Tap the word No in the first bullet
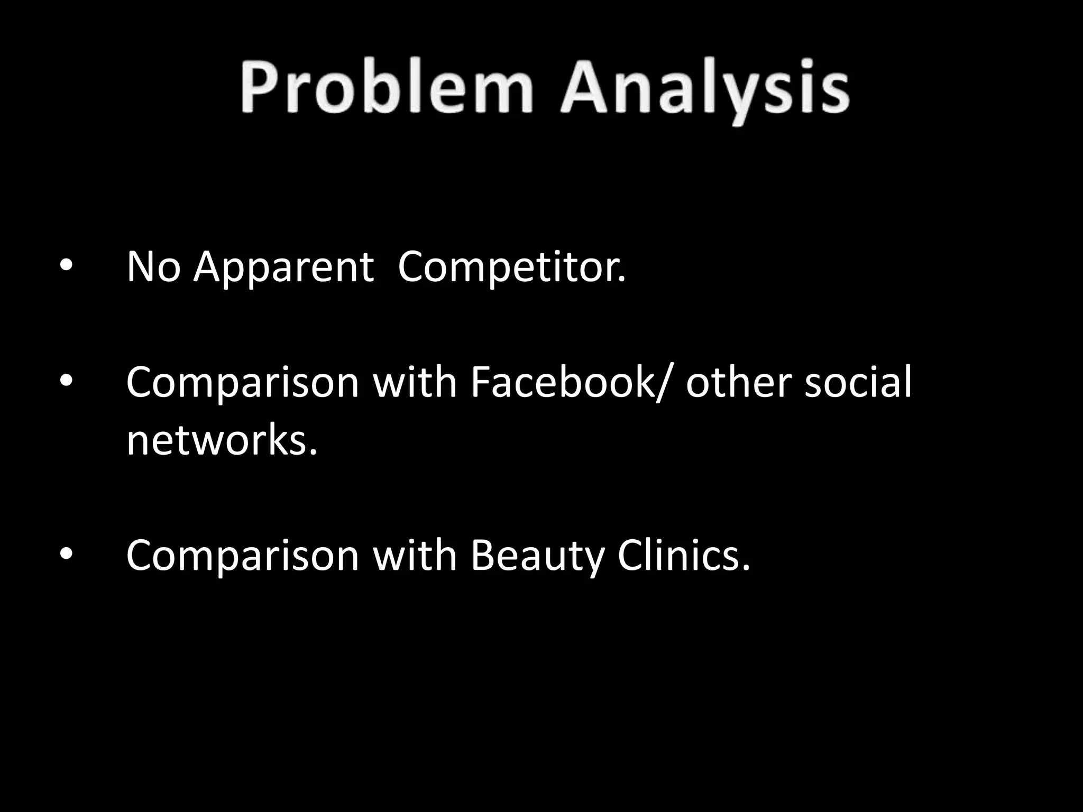tap(153, 267)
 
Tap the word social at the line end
tap(858, 382)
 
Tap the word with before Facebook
tap(415, 382)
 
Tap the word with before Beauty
tap(415, 556)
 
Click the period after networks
tap(314, 453)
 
